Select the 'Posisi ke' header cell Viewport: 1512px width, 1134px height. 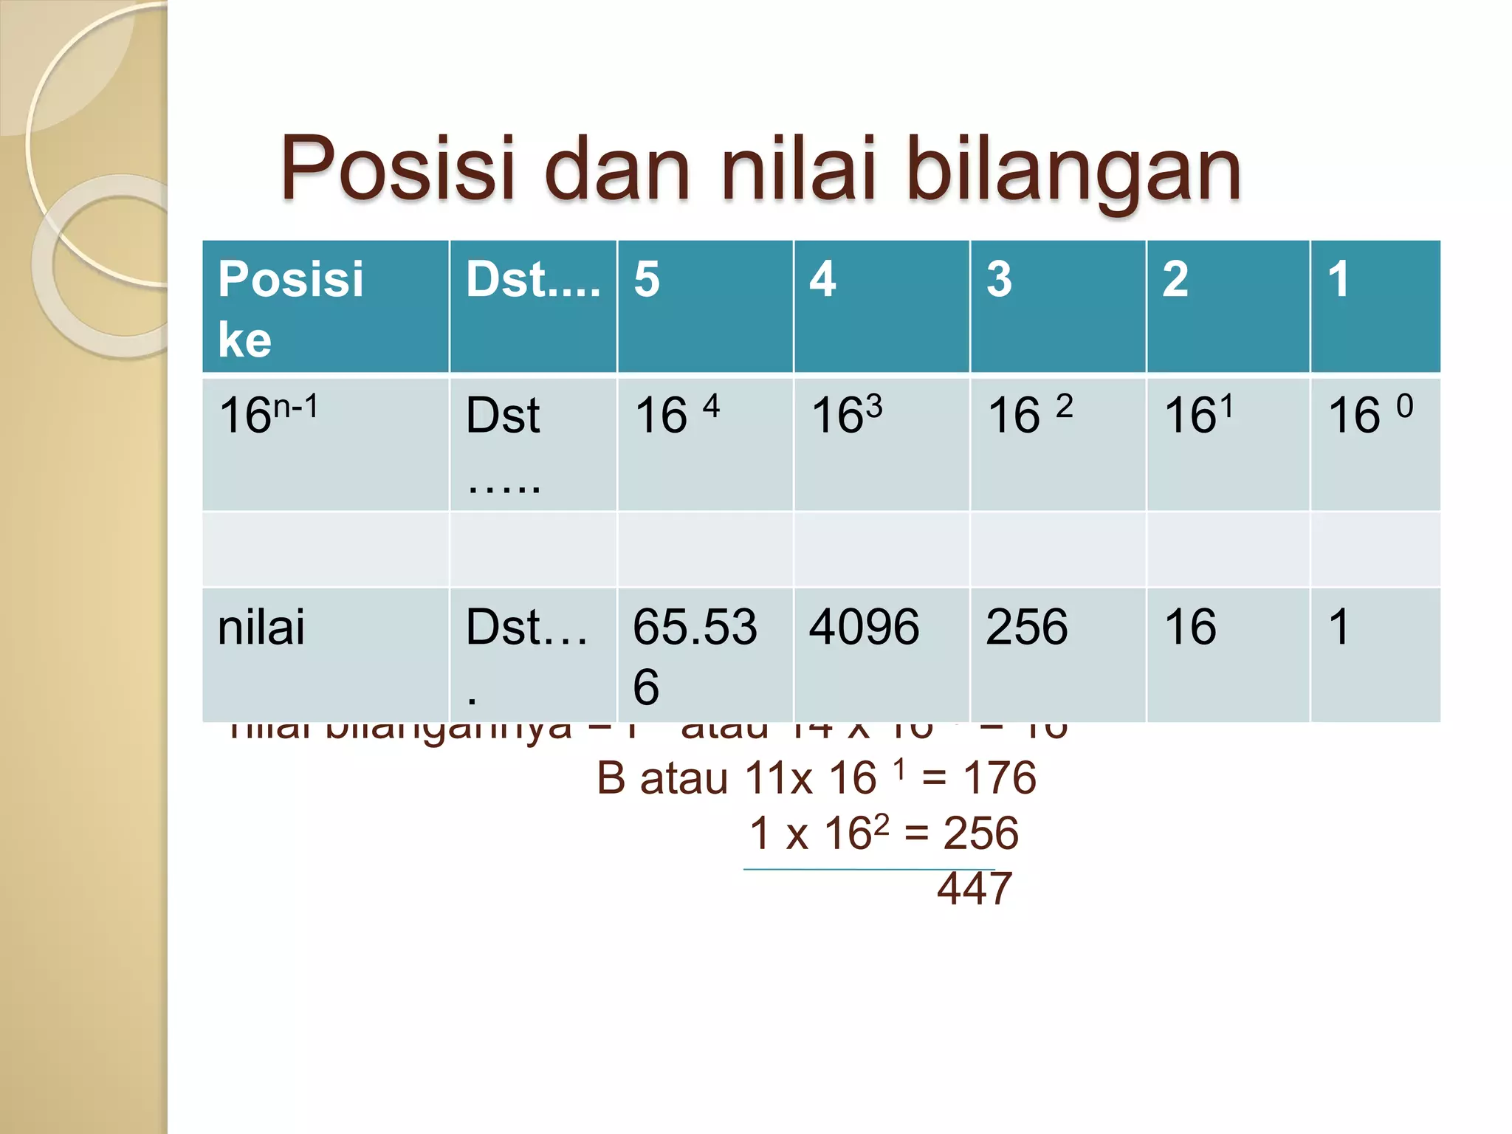(x=325, y=306)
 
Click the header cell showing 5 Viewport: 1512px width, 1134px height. (x=705, y=306)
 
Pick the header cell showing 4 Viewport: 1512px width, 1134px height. (x=882, y=306)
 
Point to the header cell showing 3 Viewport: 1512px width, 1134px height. (x=1058, y=306)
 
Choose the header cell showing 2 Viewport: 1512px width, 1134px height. (x=1228, y=306)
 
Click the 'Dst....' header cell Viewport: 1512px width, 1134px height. (x=533, y=306)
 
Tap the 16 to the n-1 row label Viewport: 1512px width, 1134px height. (x=325, y=444)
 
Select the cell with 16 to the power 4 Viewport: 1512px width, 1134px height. (x=705, y=444)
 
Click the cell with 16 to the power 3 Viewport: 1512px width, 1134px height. (x=882, y=444)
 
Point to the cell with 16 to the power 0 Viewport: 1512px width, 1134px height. (x=1375, y=444)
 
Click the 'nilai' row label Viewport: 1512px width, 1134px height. (x=325, y=654)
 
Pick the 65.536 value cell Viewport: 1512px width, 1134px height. (x=705, y=654)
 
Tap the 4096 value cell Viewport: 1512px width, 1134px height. (x=882, y=654)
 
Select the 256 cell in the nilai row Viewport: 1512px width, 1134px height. (x=1058, y=654)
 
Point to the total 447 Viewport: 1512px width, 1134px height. (x=974, y=888)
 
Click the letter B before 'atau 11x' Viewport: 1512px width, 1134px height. (x=611, y=778)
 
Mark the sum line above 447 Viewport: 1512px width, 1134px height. (x=869, y=870)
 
